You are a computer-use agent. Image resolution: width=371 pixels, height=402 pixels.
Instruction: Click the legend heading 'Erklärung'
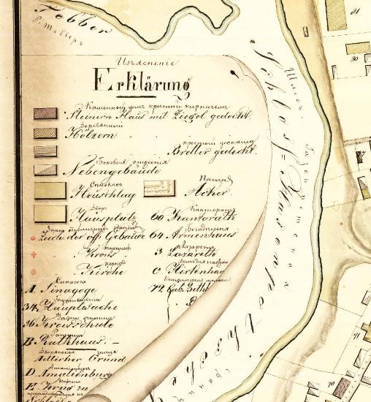pyautogui.click(x=131, y=78)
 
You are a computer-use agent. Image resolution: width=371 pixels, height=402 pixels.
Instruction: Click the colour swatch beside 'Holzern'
pyautogui.click(x=45, y=134)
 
